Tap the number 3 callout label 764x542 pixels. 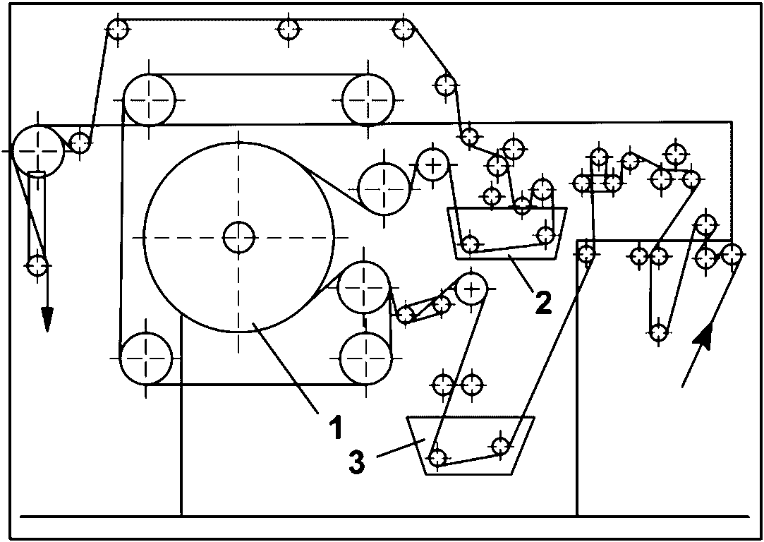[357, 462]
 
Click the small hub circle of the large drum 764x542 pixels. [238, 237]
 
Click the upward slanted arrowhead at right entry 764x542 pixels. [704, 337]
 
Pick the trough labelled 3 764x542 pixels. [471, 445]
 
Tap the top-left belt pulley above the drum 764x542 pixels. [149, 100]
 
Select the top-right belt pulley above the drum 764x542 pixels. [368, 100]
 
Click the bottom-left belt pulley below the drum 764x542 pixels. [146, 359]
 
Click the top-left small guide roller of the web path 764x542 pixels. [117, 29]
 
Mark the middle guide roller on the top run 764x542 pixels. [289, 29]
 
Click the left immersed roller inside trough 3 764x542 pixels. [437, 457]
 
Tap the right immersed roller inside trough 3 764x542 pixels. [501, 445]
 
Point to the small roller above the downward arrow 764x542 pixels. [37, 266]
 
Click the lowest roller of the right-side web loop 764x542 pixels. [658, 332]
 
